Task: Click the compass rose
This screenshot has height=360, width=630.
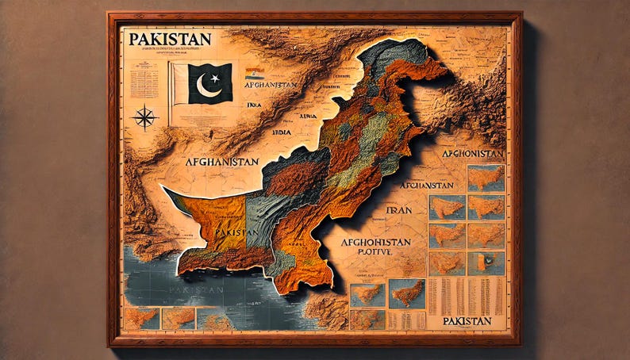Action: [144, 117]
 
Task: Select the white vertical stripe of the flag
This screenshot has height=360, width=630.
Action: [180, 83]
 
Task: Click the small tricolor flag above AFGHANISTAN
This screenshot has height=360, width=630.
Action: [254, 72]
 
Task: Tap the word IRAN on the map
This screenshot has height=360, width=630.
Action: [396, 211]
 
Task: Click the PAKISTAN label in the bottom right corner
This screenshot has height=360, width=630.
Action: [467, 321]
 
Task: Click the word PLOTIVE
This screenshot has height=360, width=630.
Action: [364, 252]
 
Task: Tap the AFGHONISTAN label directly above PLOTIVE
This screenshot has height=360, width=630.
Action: [375, 241]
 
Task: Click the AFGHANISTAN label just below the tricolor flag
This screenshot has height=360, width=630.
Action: [270, 84]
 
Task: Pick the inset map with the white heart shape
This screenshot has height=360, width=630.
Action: [486, 263]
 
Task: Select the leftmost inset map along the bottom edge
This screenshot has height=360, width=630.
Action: [140, 319]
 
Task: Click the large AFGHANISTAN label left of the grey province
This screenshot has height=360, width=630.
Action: [221, 161]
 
